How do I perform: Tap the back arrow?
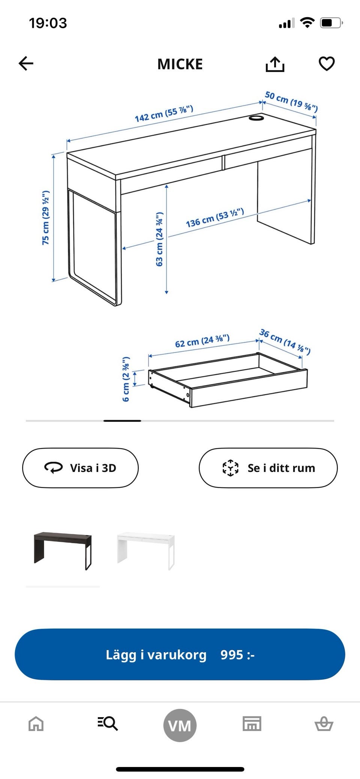tap(26, 63)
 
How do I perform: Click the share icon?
tap(275, 64)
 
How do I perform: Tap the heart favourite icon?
tap(327, 64)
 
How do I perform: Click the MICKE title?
tap(180, 64)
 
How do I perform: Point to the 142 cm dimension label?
tap(164, 114)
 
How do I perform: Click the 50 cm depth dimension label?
tap(291, 102)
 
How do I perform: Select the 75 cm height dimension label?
tap(46, 218)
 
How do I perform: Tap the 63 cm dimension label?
tap(159, 239)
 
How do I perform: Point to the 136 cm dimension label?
tap(215, 218)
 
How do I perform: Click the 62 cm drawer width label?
tap(202, 341)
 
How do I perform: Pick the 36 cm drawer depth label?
tap(285, 341)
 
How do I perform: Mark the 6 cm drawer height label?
tap(126, 379)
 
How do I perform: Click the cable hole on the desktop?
tap(256, 118)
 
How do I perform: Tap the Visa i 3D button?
tap(80, 468)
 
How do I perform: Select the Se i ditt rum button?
tap(268, 468)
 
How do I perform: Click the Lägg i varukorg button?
tap(180, 655)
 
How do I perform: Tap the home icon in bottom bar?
tap(36, 724)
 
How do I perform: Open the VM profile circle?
tap(180, 725)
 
